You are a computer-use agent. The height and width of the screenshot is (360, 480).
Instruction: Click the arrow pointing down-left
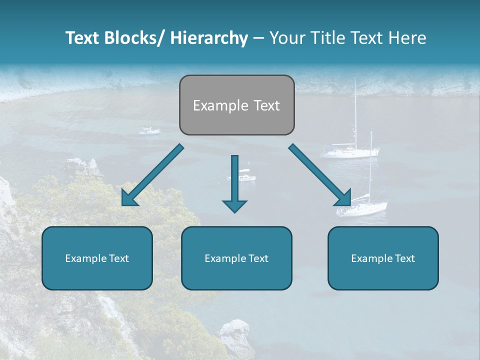point(152,175)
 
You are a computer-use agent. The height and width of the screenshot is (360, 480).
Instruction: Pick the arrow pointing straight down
point(234,185)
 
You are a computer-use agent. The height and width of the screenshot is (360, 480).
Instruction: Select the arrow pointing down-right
point(320,175)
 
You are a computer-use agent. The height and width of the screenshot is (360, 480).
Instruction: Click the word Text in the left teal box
point(118,258)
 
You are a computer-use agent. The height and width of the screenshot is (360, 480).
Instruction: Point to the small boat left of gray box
point(149,131)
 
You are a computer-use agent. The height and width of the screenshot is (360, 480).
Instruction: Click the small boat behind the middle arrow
point(245,177)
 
